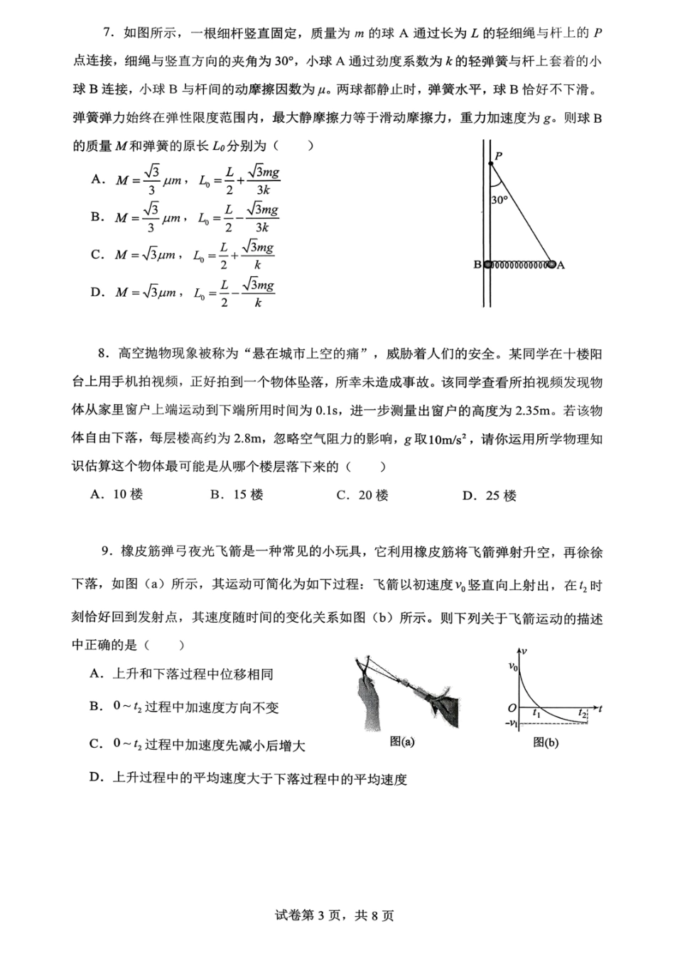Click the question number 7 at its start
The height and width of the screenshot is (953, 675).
[108, 33]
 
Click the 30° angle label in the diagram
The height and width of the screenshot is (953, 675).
[499, 200]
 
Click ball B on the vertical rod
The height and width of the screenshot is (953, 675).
[487, 265]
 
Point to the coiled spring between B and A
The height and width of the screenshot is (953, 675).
[519, 265]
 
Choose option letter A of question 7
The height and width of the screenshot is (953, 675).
[97, 180]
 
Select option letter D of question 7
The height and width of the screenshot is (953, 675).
[97, 292]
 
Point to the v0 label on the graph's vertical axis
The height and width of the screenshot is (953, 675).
[513, 665]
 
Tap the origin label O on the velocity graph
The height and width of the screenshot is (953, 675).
[512, 708]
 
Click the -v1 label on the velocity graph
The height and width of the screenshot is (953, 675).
[511, 723]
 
